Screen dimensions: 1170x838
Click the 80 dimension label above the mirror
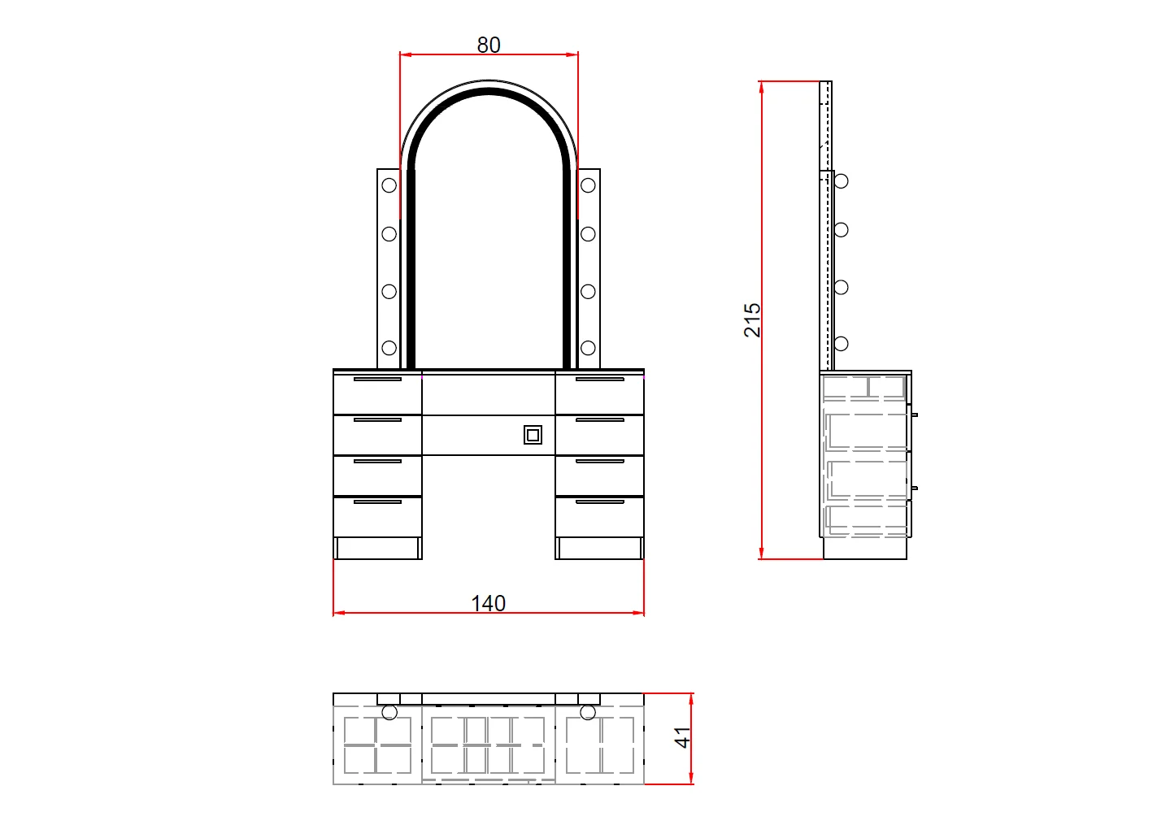click(489, 45)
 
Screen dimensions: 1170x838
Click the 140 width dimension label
click(489, 604)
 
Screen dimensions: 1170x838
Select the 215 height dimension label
click(752, 320)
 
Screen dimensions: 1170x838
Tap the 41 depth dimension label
click(682, 737)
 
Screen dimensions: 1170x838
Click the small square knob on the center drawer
click(533, 435)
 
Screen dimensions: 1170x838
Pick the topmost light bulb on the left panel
click(389, 185)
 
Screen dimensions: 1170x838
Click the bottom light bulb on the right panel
click(588, 348)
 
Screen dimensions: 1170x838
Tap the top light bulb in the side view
click(841, 181)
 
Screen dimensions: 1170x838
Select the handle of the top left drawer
click(377, 379)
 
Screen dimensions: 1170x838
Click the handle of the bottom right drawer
click(599, 501)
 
